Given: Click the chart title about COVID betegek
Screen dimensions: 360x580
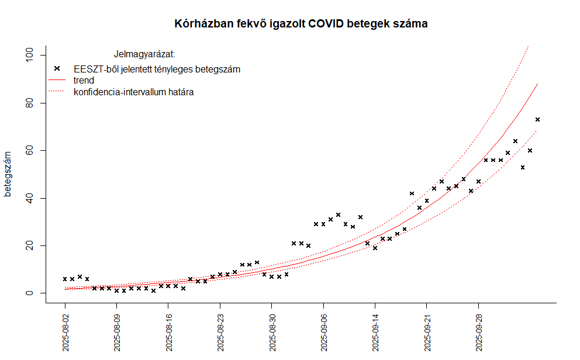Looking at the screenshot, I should click(301, 24).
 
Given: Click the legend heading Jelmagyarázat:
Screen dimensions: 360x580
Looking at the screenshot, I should click(144, 55).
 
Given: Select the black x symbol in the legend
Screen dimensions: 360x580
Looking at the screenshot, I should click(57, 68).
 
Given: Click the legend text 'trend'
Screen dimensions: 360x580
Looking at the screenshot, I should click(84, 80).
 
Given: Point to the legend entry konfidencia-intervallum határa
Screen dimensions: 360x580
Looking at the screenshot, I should click(134, 92).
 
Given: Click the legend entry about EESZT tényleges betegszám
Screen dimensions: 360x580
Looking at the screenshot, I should click(157, 69).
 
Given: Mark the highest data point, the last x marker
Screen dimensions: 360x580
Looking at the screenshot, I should click(537, 120).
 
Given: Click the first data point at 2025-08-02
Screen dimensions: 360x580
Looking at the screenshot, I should click(65, 279).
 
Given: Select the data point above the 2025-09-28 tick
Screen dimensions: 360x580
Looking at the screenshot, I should click(478, 182).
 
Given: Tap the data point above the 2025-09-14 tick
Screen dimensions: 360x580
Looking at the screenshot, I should click(375, 248).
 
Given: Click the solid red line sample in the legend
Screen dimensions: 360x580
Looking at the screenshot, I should click(57, 80).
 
